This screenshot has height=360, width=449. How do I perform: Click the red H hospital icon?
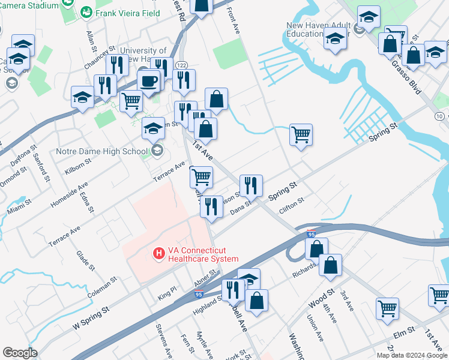pos(159,254)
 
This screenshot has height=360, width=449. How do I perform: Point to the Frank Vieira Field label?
pos(124,12)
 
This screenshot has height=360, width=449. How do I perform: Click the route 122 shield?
pos(181,65)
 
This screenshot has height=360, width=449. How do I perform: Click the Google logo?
pos(20,353)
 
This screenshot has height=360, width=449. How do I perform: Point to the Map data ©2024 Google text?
pos(412,355)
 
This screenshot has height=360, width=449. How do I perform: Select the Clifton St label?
pos(292,206)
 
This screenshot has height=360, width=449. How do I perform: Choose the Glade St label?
pos(83,260)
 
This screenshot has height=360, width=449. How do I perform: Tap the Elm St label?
pos(403,331)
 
